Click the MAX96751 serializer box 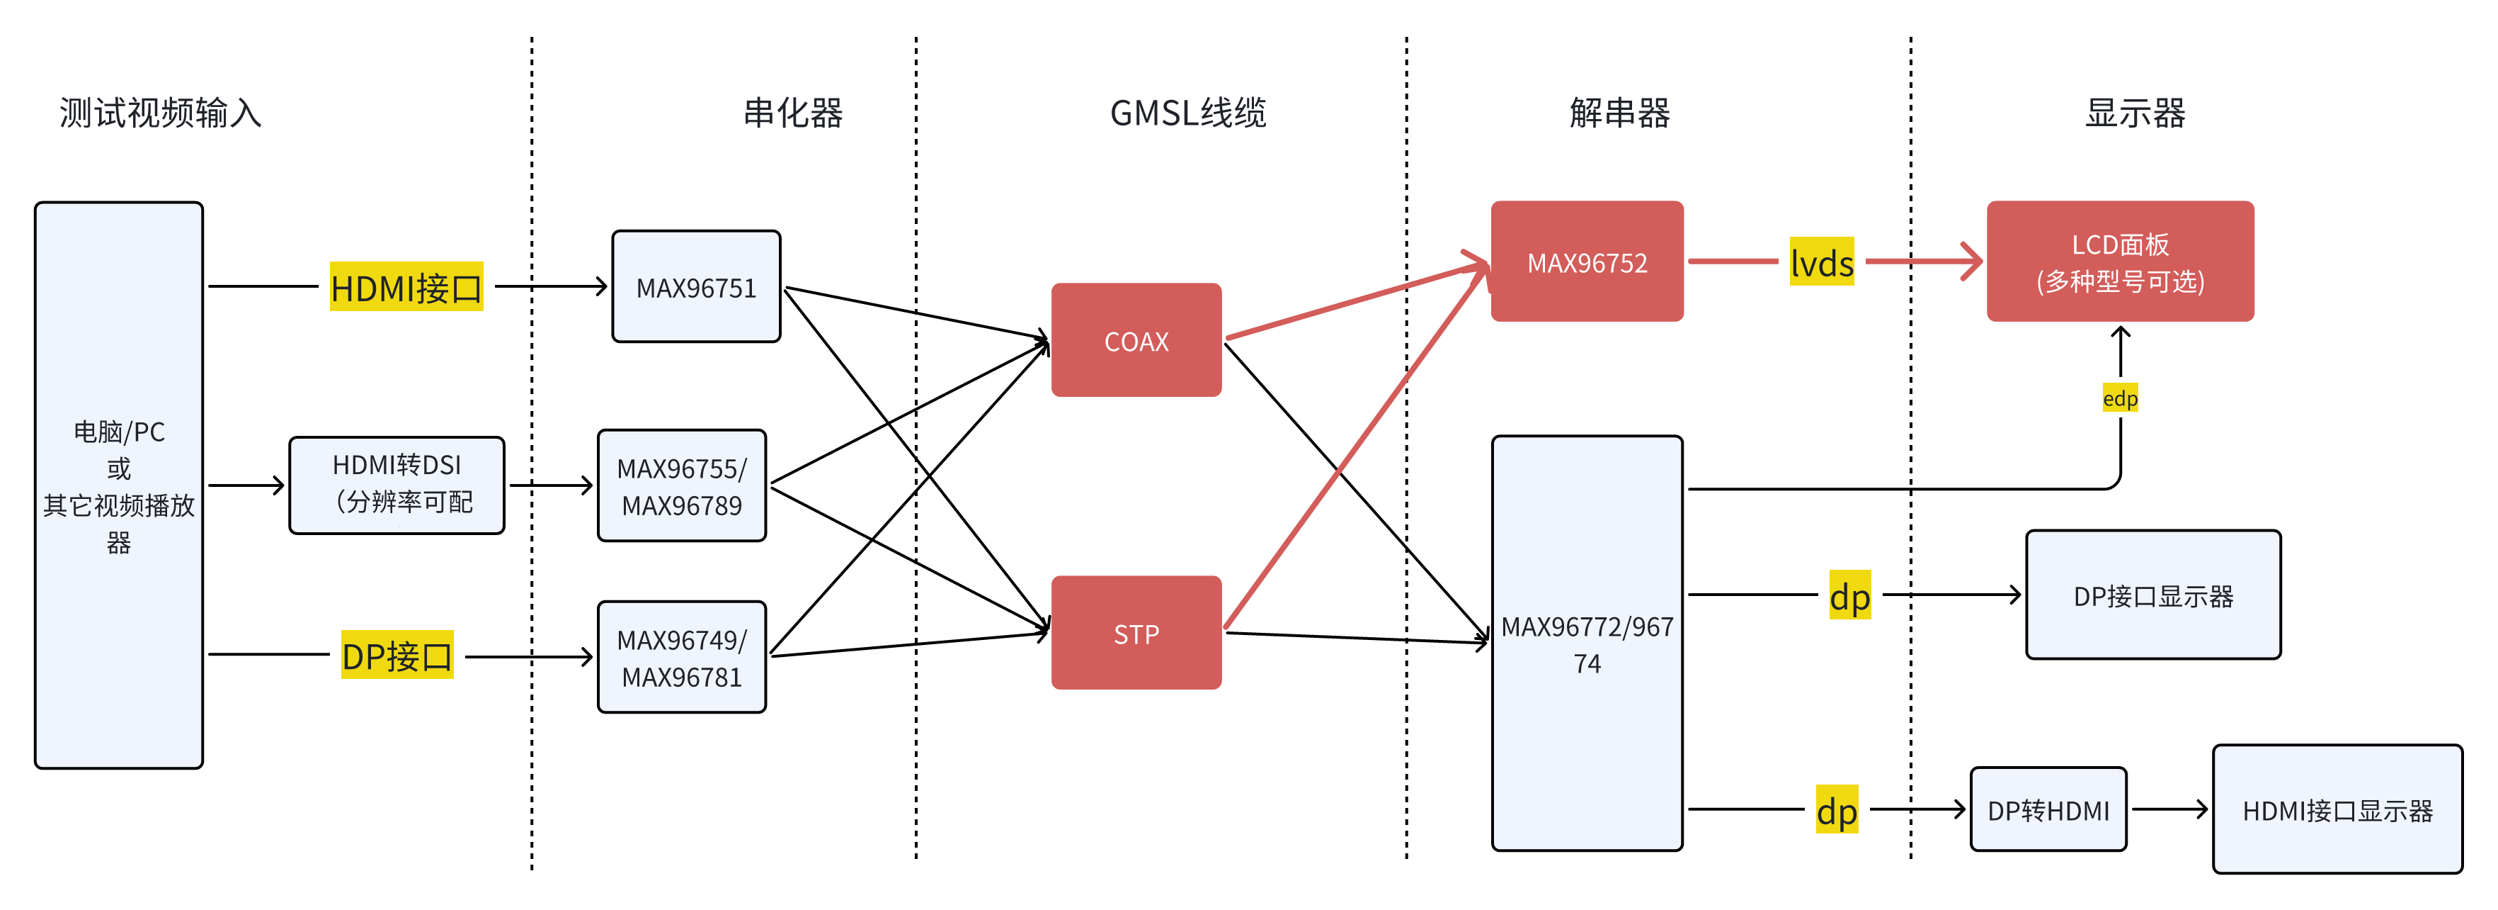[696, 287]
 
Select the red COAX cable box [1136, 340]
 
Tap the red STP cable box [1136, 634]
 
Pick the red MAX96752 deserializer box [1587, 262]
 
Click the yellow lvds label [1821, 263]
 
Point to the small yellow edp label [2120, 398]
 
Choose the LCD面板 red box [2120, 262]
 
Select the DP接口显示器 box [2152, 595]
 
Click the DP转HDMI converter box [2048, 810]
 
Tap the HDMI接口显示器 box [2337, 810]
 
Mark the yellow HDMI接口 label [406, 287]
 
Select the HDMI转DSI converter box [397, 484]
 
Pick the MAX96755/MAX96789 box [682, 486]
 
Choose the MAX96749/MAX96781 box [682, 658]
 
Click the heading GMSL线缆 [1188, 113]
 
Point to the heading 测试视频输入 [160, 113]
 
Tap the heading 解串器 [1619, 113]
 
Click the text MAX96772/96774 [1587, 644]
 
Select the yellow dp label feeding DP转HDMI [1837, 811]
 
